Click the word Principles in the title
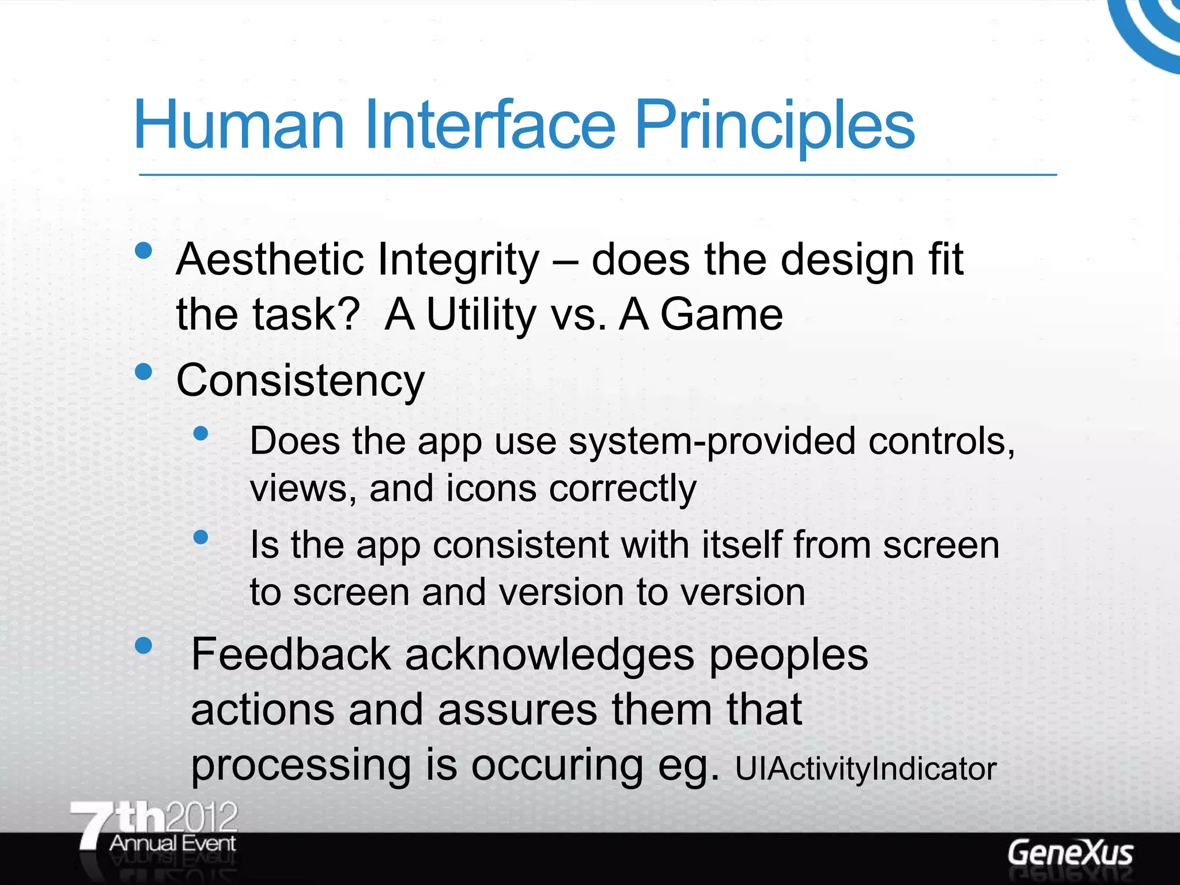point(774,125)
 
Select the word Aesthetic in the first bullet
point(270,260)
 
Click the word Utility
point(481,315)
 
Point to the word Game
point(721,315)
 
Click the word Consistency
point(300,381)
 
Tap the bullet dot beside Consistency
point(143,372)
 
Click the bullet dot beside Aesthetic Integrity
point(143,250)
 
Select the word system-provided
point(712,442)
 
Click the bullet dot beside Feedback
point(143,645)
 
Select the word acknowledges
point(550,655)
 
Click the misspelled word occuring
point(557,766)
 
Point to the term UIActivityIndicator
point(865,769)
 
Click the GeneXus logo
point(1070,853)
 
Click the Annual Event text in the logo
point(172,844)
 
